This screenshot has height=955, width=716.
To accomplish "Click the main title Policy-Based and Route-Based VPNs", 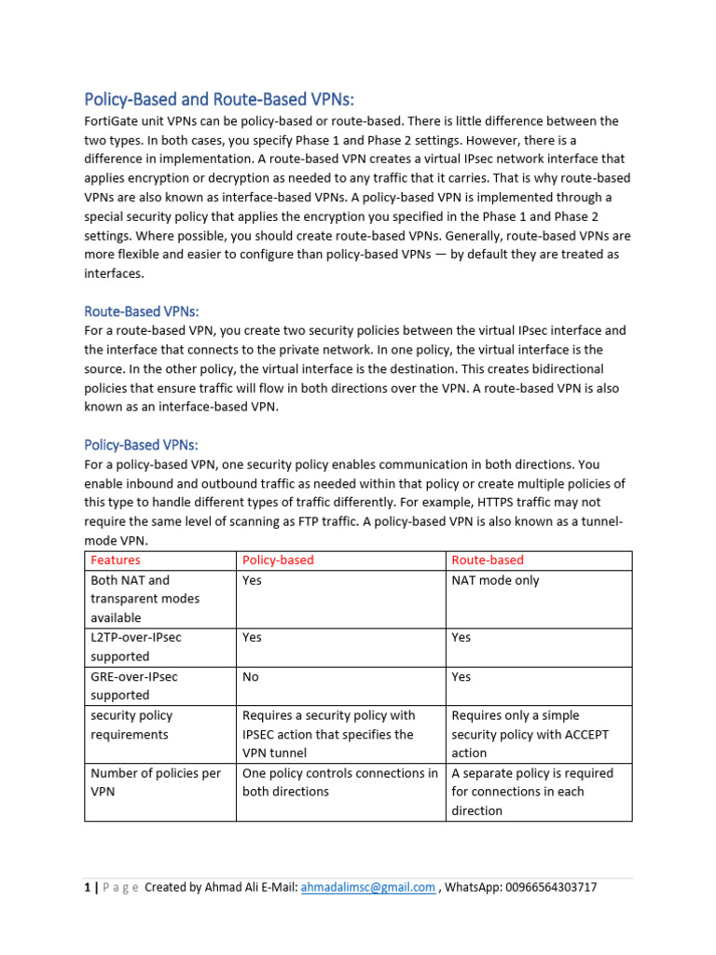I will pos(220,99).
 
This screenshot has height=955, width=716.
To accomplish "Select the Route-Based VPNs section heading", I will pos(142,311).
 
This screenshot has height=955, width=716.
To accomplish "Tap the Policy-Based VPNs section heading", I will pos(142,445).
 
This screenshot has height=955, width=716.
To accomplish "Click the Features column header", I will pos(116,560).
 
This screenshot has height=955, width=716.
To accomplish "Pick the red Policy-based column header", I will pos(278,560).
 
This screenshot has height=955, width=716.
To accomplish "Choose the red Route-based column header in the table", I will pos(488,560).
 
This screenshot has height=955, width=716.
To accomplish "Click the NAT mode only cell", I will pos(495,580).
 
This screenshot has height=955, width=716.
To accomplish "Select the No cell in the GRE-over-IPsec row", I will pos(250,677).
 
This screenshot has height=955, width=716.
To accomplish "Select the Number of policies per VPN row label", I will pos(143,782).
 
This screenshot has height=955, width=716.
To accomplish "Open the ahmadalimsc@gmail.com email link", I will pos(367,887).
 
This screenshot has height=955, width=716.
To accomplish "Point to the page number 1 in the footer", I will pos(87,887).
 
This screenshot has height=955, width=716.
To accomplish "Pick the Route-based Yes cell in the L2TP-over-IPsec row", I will pos(461,638).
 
